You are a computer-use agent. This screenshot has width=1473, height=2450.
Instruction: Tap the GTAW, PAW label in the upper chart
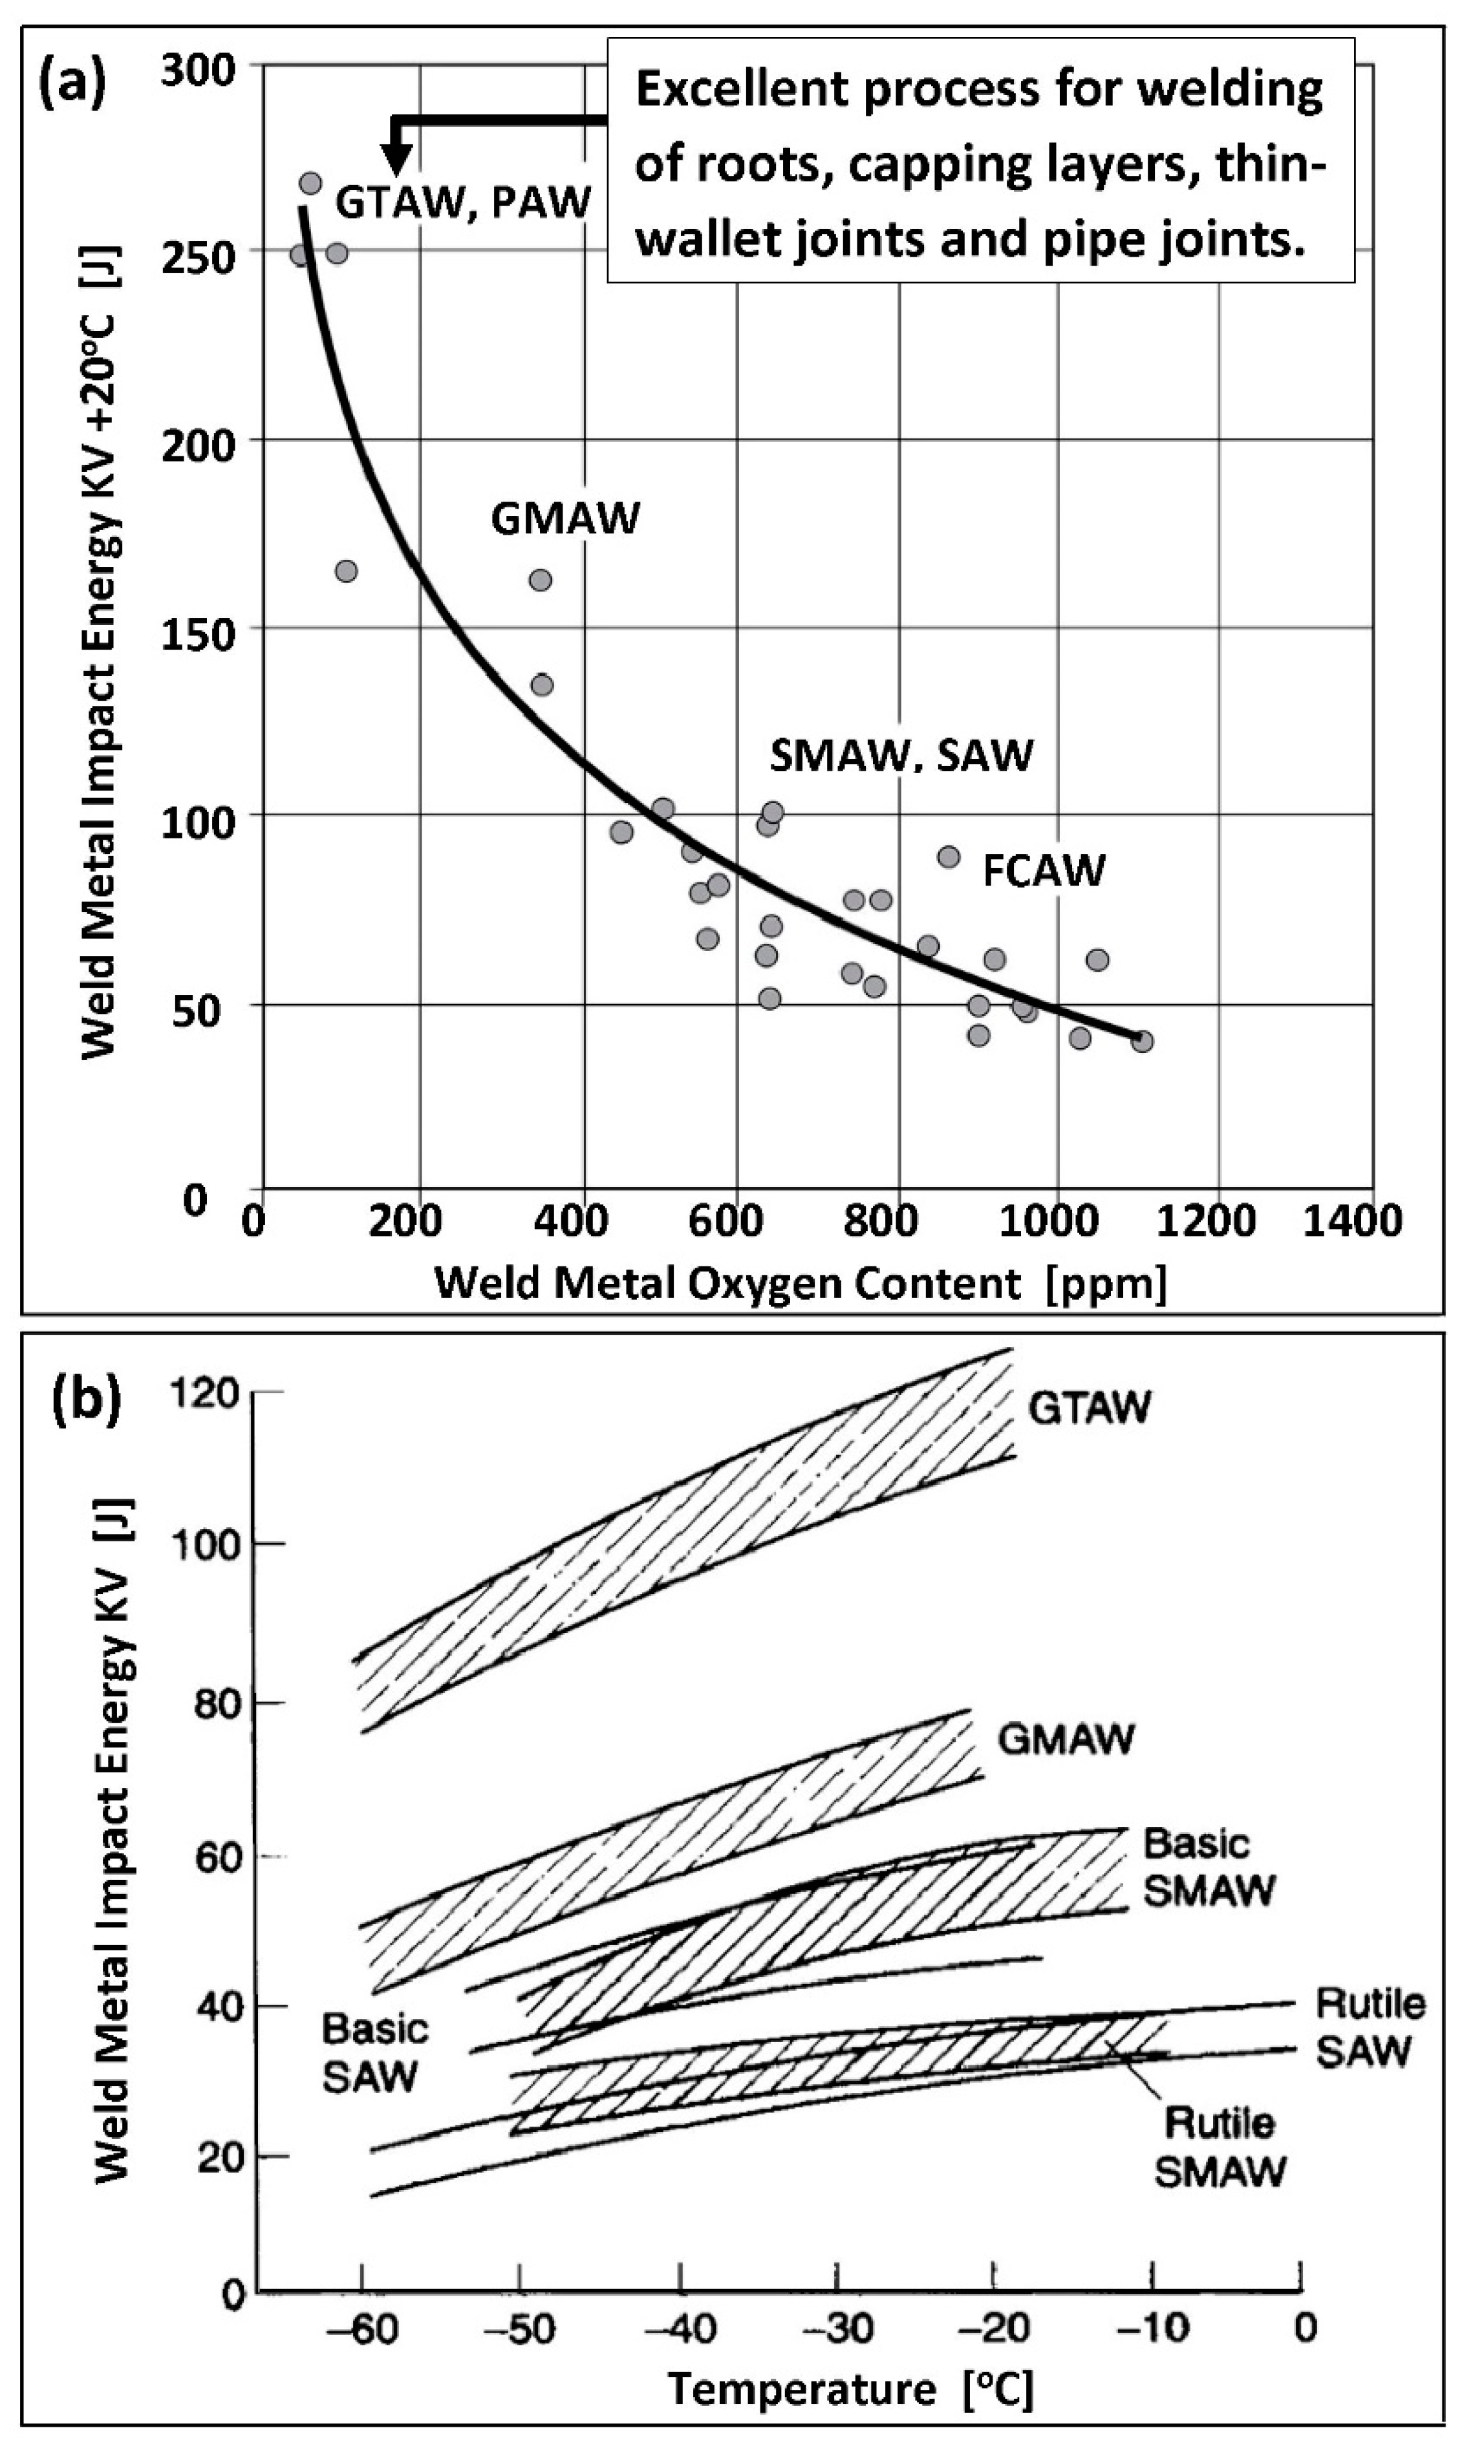[462, 202]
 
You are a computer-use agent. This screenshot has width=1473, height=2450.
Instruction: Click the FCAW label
[1043, 870]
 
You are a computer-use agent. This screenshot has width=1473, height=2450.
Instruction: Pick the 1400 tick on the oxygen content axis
[1351, 1220]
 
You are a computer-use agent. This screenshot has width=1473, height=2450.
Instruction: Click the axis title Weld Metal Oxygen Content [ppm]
[800, 1283]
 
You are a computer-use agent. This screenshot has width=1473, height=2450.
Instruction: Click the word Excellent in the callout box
[740, 91]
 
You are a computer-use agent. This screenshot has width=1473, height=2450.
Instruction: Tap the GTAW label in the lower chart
[1089, 1407]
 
